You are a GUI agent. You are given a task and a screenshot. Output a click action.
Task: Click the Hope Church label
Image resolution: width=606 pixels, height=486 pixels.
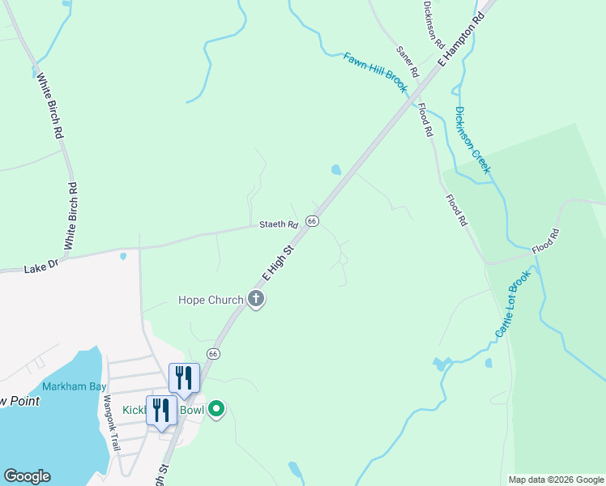(x=211, y=301)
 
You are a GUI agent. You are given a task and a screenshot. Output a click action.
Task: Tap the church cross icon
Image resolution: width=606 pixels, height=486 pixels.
(x=256, y=301)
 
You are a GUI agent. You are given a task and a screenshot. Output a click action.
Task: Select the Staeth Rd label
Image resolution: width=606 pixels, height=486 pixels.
(x=279, y=224)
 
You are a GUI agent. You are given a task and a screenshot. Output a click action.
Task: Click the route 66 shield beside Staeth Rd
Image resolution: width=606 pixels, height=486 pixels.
(x=313, y=221)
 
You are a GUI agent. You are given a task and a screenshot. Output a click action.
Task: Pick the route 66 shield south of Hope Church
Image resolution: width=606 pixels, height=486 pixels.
(x=213, y=354)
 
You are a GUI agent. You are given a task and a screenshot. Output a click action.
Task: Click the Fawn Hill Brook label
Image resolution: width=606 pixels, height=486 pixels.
(x=374, y=73)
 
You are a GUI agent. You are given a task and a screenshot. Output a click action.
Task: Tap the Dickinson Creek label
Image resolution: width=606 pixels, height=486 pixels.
(x=472, y=140)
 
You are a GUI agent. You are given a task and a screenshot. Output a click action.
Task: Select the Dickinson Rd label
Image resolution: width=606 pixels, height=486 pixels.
(x=429, y=23)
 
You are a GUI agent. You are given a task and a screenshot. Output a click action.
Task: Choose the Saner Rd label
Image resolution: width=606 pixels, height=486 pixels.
(x=407, y=62)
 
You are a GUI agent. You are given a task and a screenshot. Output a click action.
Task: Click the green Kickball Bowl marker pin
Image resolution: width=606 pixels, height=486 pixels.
(x=216, y=409)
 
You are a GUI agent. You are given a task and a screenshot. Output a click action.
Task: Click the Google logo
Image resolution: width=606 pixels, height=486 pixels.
(x=27, y=476)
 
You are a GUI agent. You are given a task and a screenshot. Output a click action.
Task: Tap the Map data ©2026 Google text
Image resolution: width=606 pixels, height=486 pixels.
(x=555, y=480)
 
